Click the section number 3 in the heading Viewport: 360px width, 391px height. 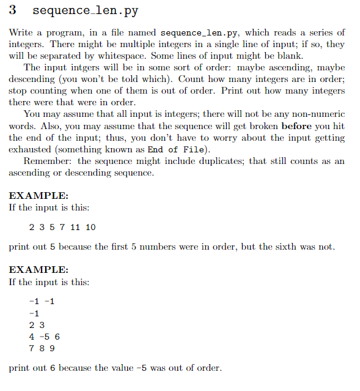tap(13, 11)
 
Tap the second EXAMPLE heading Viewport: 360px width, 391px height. tap(39, 270)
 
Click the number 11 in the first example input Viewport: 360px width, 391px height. tap(75, 227)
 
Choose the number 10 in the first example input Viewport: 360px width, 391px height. tap(90, 227)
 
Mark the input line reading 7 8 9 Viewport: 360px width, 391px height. tap(42, 348)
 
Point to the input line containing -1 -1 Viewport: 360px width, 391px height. tap(42, 302)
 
